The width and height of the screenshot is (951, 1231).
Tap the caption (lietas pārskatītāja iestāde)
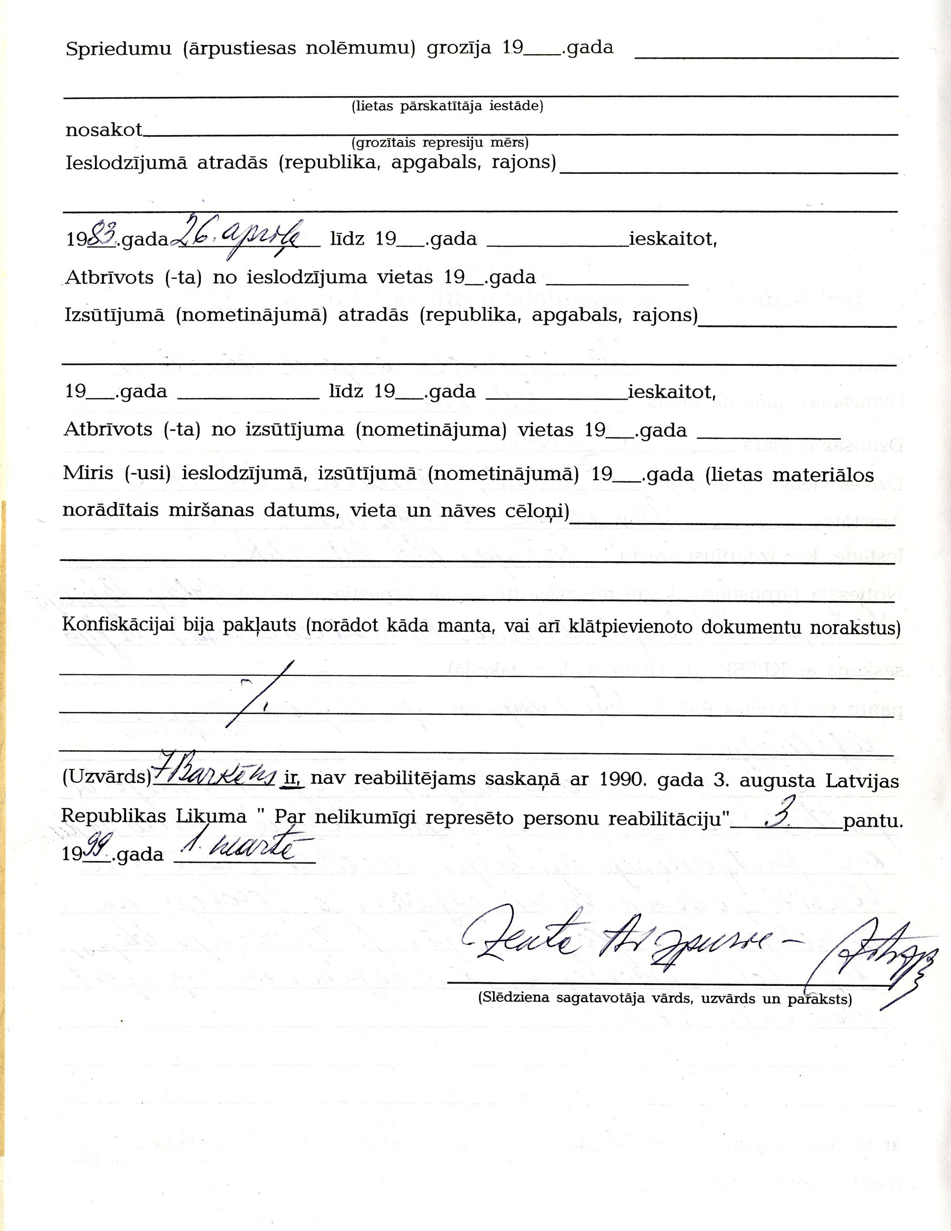(447, 106)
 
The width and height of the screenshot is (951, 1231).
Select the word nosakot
(104, 130)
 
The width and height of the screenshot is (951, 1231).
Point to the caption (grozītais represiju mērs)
(440, 142)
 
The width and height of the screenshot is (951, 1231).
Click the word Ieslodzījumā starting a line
(127, 163)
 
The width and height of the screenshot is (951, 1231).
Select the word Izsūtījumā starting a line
(114, 315)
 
